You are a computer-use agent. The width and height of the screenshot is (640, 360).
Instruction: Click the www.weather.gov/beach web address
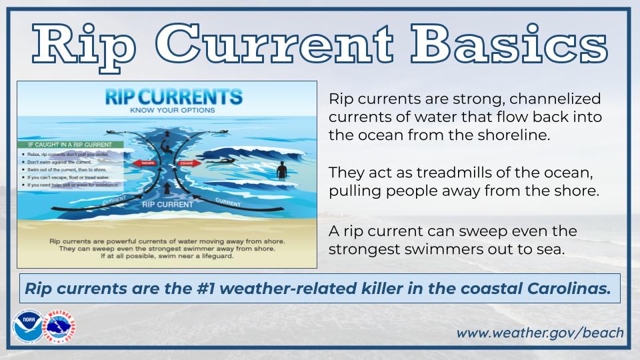pos(540,332)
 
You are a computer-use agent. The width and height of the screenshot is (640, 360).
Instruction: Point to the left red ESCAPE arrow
pos(143,162)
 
